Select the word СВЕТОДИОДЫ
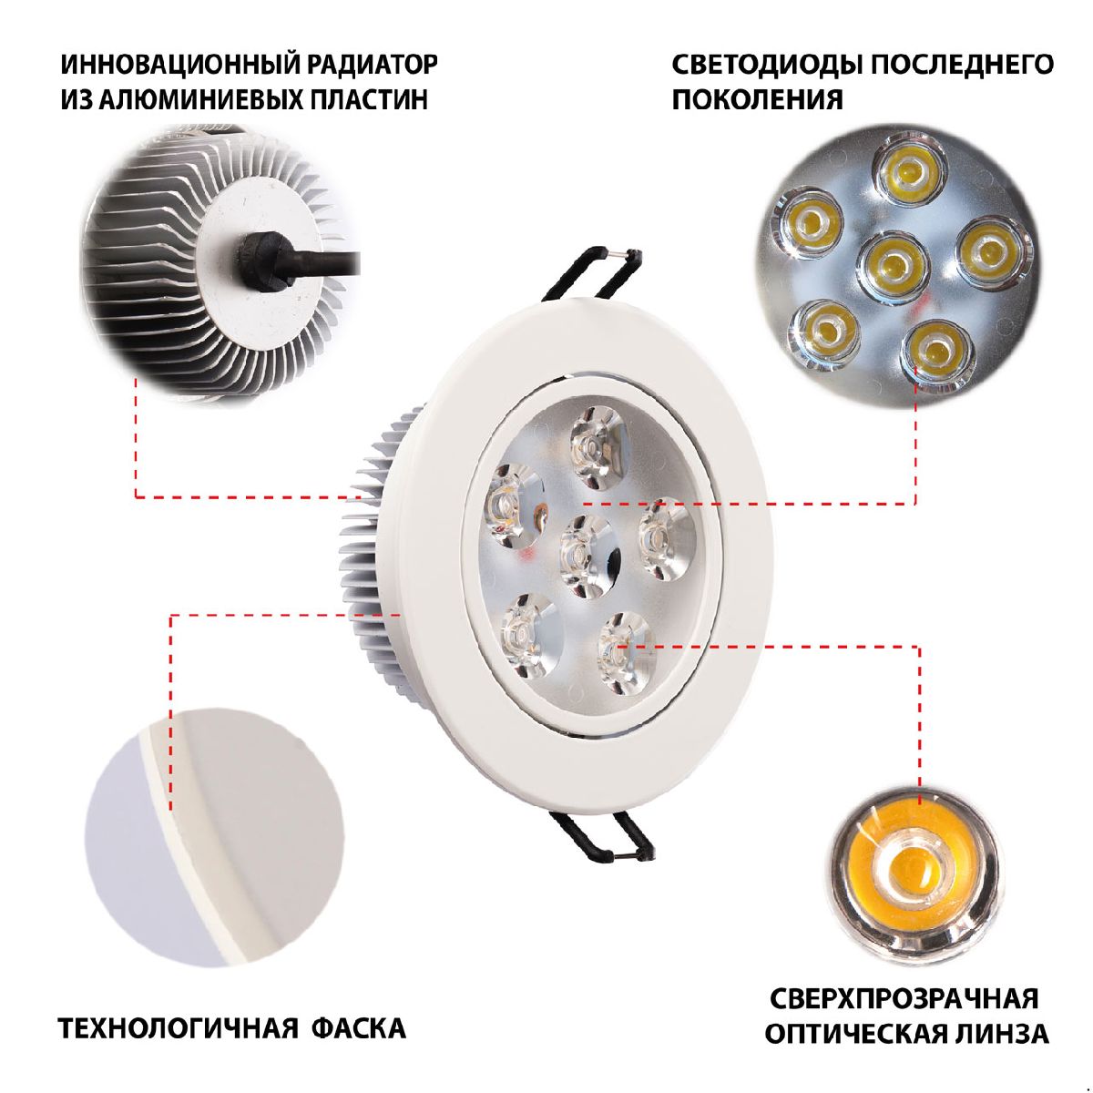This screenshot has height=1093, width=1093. tap(766, 65)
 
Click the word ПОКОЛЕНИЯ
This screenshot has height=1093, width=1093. tap(757, 98)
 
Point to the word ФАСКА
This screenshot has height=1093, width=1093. tap(359, 1029)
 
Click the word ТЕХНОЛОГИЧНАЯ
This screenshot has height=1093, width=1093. tap(179, 1029)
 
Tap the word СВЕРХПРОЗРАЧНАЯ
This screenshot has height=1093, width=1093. tap(904, 998)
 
